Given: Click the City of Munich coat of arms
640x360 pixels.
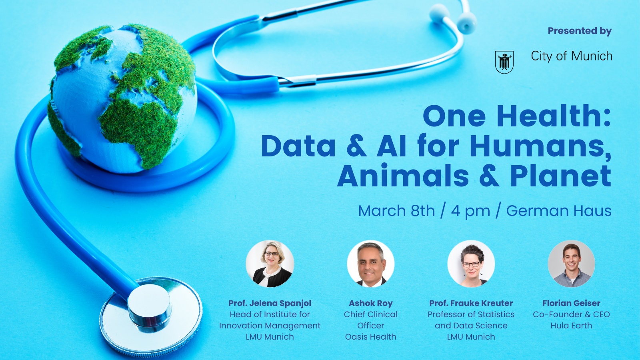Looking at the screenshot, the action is coord(504,62).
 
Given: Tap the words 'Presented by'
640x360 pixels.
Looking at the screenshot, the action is coord(580,31).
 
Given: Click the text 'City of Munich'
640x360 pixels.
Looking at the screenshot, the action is coord(572,56).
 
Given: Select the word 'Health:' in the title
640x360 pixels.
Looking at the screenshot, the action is coord(554,116).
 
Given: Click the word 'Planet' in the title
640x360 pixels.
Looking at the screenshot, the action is coord(560,176).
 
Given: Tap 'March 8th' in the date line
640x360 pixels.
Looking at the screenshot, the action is coord(396,211).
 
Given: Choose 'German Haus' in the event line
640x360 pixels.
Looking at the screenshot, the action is coord(559,211).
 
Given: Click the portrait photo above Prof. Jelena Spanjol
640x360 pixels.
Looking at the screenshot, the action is coord(270,264).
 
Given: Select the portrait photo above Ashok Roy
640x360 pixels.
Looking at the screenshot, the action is coord(370,264).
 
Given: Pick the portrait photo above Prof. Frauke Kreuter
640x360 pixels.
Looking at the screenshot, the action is coord(471,264).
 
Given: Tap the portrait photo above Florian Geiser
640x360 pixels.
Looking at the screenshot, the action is coord(572,264).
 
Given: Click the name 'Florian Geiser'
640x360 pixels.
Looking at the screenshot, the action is coord(572,303).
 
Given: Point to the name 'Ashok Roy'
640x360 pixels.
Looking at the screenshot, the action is coord(370,303).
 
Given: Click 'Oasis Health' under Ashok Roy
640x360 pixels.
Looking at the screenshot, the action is coord(370,337).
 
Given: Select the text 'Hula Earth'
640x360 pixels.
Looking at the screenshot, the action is coord(572,326).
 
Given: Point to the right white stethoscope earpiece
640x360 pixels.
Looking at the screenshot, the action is coord(466,22).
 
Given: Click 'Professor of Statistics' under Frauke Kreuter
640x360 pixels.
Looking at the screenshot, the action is coord(471,314).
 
